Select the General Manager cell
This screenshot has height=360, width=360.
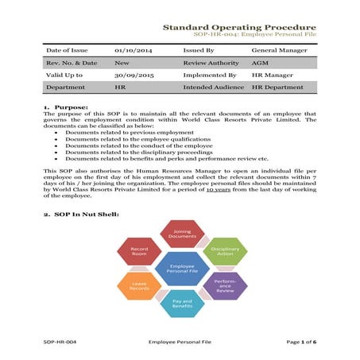point(279,49)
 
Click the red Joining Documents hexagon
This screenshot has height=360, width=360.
point(182,235)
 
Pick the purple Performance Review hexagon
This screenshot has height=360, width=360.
point(225,285)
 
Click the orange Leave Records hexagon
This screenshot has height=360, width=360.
point(140,285)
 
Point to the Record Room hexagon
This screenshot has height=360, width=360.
point(139,252)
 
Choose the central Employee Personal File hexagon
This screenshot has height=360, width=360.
point(182,269)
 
